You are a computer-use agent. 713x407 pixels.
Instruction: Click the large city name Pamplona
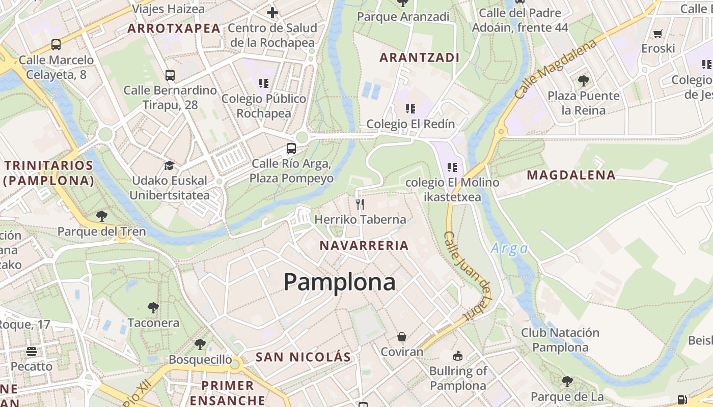(x=339, y=282)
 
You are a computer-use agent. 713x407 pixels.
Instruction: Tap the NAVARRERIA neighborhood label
(x=364, y=246)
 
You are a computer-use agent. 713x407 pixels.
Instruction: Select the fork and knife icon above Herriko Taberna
(x=360, y=205)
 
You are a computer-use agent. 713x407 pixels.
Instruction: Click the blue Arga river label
(x=509, y=249)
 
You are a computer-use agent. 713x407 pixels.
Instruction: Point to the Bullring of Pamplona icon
(x=458, y=356)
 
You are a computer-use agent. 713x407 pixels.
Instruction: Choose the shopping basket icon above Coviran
(x=402, y=337)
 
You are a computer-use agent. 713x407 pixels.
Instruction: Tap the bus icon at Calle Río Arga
(x=291, y=149)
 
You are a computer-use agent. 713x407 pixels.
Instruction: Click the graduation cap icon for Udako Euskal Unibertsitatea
(x=169, y=166)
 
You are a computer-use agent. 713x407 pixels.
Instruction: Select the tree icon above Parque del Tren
(x=102, y=216)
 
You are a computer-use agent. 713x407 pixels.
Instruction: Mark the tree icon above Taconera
(x=153, y=308)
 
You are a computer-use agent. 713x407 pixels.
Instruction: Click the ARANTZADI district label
(x=420, y=57)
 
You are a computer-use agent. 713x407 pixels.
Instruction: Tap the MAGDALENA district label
(x=571, y=176)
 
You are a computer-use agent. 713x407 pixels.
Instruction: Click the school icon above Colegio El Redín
(x=410, y=108)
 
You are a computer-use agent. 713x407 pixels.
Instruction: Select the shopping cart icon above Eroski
(x=658, y=34)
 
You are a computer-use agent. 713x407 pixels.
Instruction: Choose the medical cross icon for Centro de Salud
(x=272, y=13)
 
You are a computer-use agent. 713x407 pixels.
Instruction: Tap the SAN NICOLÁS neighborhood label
(x=304, y=357)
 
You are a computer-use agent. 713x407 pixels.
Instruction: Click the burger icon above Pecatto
(x=32, y=352)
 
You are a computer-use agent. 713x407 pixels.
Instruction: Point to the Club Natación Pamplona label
(x=560, y=340)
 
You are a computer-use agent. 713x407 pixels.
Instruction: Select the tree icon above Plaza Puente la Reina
(x=583, y=80)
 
